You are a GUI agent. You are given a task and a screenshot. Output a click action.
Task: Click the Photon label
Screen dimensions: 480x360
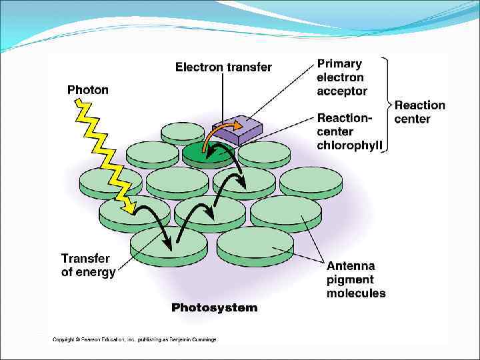88,89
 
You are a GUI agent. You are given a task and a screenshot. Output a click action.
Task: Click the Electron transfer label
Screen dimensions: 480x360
223,67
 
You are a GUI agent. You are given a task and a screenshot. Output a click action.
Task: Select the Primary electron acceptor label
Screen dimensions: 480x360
342,77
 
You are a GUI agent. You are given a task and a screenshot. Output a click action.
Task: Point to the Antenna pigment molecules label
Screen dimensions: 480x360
355,279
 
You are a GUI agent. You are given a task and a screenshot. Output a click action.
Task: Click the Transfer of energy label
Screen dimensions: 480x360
87,265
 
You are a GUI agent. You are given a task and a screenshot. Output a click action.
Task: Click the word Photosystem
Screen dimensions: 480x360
214,308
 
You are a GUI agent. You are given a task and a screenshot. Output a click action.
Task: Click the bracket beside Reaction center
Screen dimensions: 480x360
385,105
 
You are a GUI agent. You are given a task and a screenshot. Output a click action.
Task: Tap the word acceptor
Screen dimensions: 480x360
342,91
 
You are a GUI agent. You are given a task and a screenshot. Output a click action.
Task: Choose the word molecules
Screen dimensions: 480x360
355,293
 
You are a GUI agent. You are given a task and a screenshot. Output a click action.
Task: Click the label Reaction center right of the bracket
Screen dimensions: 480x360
419,112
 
